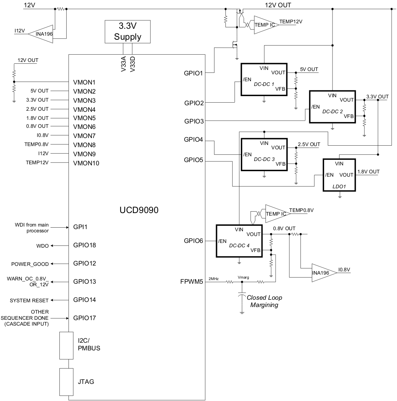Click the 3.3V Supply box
click(x=127, y=32)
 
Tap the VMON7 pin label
click(x=84, y=136)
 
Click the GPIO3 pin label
click(x=194, y=121)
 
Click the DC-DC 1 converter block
click(x=264, y=79)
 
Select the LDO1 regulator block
click(x=339, y=175)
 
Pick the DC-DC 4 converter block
click(x=239, y=241)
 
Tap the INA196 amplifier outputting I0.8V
click(x=322, y=273)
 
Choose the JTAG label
click(x=86, y=382)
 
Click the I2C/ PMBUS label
click(x=89, y=345)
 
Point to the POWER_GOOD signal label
click(x=30, y=264)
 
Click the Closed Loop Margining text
click(x=264, y=301)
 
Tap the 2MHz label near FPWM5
click(x=213, y=278)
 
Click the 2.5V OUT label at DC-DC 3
click(x=309, y=144)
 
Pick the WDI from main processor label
click(x=32, y=228)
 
